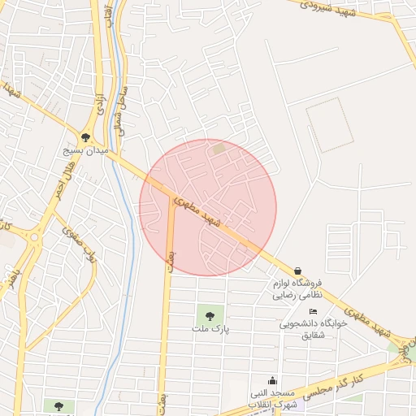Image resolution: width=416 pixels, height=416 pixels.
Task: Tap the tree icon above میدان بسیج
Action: pos(86,137)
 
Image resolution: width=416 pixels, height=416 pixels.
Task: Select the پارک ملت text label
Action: pos(211,329)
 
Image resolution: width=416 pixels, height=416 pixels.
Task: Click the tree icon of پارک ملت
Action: pos(211,315)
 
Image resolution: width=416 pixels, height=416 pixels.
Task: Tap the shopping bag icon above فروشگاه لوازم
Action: pos(298,271)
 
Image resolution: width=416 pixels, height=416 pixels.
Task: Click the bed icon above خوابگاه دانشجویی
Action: pos(314,311)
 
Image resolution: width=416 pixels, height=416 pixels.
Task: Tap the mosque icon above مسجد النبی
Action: pos(272,380)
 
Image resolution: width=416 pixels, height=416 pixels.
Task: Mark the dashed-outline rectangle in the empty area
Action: pos(330,125)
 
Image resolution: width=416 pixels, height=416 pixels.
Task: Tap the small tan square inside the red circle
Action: pos(219,149)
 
